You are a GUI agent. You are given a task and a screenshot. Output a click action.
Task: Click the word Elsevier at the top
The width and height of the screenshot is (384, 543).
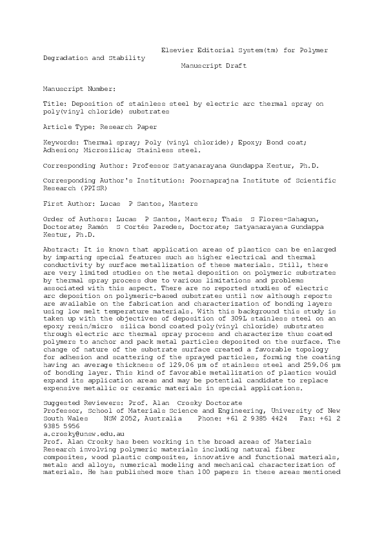click(x=176, y=50)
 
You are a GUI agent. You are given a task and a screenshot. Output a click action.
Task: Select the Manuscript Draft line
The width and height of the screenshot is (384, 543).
click(x=214, y=65)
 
